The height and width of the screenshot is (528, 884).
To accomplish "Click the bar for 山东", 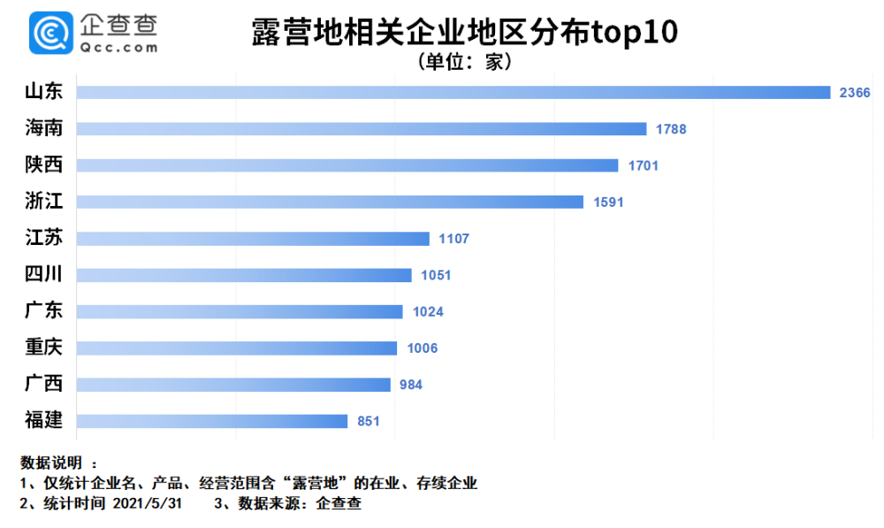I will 453,93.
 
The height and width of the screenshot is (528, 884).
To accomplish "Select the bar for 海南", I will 362,129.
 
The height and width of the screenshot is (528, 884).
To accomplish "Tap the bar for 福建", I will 212,421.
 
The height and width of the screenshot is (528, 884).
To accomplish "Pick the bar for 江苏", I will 253,239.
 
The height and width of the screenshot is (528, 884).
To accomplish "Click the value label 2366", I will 855,93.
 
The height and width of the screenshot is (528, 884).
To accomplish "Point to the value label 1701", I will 643,165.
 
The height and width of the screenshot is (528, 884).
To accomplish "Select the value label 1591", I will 608,202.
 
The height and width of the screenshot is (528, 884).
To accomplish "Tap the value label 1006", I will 422,348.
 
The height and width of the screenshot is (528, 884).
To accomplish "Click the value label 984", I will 409,385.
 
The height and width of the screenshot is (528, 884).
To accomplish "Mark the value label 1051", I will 435,275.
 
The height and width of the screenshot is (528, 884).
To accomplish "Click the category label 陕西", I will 44,165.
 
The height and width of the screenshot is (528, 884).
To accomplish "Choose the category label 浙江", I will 44,202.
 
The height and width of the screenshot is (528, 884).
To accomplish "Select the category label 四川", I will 44,274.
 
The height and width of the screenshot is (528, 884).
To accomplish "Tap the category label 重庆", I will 44,348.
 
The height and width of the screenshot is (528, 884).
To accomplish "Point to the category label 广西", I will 44,384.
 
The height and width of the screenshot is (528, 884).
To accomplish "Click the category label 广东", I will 44,310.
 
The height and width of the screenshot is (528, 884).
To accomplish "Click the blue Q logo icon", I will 50,34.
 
